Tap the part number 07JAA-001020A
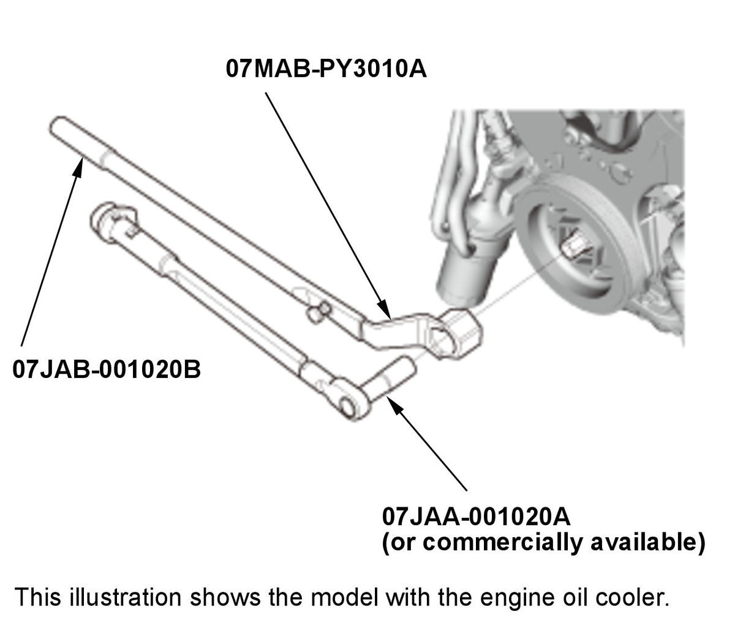click(x=476, y=516)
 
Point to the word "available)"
click(x=647, y=542)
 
